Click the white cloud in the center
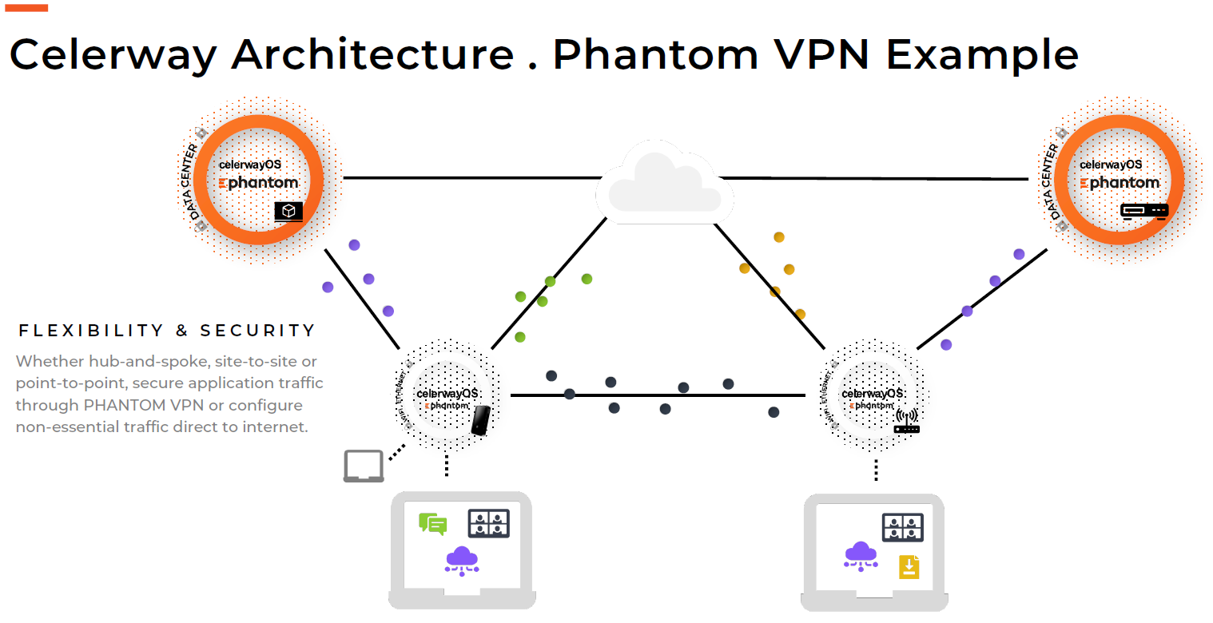665,185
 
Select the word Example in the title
982,54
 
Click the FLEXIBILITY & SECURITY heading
167,331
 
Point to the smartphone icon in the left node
480,420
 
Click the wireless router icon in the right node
907,421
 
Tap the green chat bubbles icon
432,524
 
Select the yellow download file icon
909,566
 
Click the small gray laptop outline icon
364,466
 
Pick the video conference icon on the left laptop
488,523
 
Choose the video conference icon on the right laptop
902,527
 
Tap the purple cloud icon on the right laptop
860,555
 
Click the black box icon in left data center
288,211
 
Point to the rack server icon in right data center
1143,211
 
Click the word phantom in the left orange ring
263,183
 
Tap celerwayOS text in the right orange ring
1111,165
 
